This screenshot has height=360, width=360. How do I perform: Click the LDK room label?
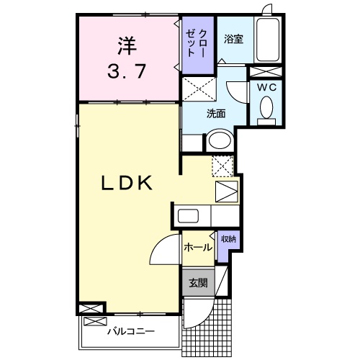click(126, 184)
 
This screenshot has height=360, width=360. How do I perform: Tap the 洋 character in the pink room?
click(126, 44)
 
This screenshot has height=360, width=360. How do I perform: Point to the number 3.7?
click(126, 71)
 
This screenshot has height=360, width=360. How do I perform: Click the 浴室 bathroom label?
click(233, 38)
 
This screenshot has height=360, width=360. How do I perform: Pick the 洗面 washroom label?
click(216, 113)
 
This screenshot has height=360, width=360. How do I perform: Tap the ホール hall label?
click(197, 247)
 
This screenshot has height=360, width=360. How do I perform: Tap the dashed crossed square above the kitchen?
click(223, 166)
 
